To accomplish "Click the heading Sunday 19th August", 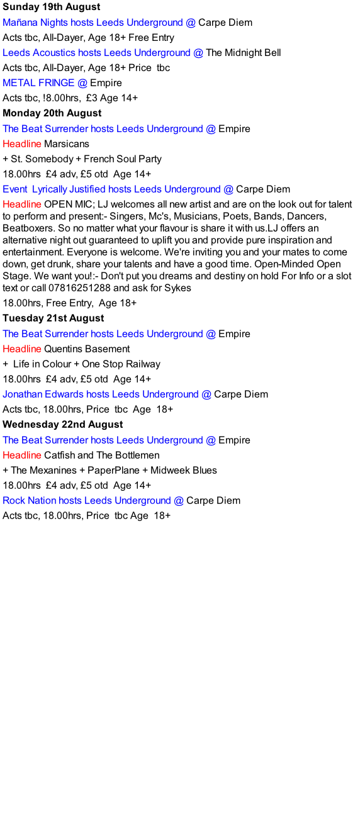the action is coord(52,7).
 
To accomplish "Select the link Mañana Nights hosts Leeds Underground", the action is coord(93,23).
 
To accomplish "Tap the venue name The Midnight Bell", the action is coord(244,52).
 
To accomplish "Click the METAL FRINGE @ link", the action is coord(45,83).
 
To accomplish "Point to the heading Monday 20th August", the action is coord(52,113).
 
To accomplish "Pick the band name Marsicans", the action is coord(67,143).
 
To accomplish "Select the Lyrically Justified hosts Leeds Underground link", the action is coord(127,189).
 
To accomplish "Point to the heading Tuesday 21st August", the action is coord(53,318).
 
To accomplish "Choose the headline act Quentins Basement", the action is coord(87,349).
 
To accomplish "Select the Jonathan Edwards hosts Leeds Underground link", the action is coord(101,394).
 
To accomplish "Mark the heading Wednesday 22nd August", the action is coord(63,424).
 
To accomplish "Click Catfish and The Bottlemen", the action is coord(101,456).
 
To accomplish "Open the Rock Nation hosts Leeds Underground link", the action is coord(87,501).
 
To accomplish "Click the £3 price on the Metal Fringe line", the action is coord(92,98).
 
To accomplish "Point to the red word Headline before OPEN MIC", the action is coord(22,204).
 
